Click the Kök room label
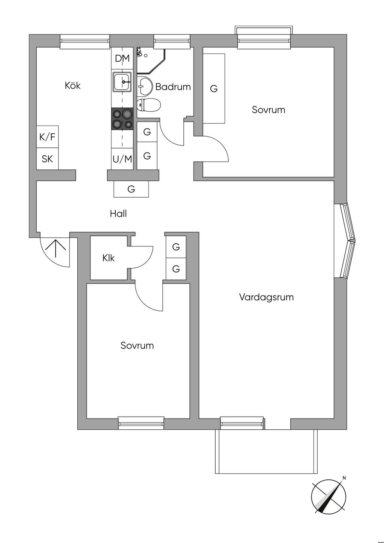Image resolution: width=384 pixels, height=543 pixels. click(x=72, y=85)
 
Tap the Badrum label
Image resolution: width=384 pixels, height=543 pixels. click(x=173, y=87)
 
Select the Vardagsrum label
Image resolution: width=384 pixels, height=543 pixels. click(x=266, y=297)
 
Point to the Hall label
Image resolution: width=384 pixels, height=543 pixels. click(x=118, y=214)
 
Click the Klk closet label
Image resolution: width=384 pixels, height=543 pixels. click(x=108, y=258)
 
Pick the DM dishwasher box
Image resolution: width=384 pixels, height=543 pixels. click(x=122, y=58)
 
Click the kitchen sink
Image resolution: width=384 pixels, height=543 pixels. click(x=122, y=82)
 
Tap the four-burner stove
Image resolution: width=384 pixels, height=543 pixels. click(x=122, y=119)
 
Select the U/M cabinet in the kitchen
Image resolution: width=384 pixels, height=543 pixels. click(x=122, y=159)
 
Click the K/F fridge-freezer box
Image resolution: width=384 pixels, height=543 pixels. click(x=47, y=137)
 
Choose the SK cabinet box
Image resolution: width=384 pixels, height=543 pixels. click(x=47, y=159)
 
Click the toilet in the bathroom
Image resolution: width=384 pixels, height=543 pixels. click(x=148, y=105)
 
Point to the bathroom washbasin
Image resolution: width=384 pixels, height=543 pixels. click(x=144, y=85)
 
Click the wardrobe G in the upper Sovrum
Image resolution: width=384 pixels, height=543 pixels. click(x=214, y=89)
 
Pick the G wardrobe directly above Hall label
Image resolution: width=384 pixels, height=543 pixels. click(x=131, y=189)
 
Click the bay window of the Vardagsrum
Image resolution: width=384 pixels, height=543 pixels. click(x=345, y=241)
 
